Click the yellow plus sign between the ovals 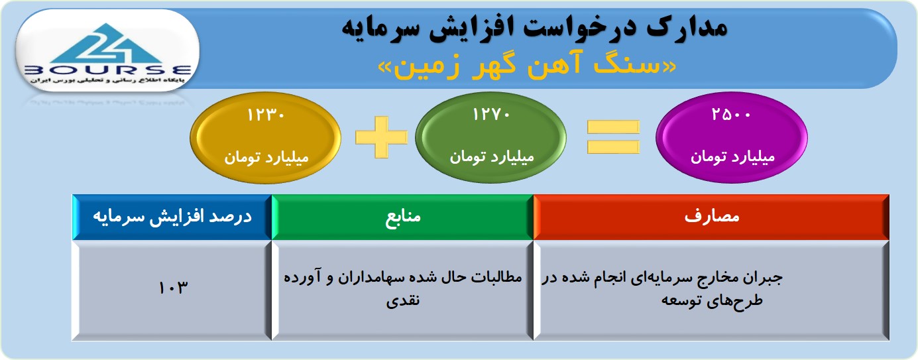coord(381,137)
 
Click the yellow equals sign coord(613,137)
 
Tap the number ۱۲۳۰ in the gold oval coord(266,115)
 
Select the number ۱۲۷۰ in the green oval coord(491,114)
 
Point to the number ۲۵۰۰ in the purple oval coord(732,114)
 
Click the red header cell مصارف coord(711,217)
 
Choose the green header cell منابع coord(403,217)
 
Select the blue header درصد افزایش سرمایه coord(172,217)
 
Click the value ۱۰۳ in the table coord(173,287)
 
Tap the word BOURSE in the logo coord(107,70)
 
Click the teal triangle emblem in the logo coord(107,43)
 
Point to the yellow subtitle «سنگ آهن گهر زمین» coord(527,66)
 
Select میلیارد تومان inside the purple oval coord(732,157)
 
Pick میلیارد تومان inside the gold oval coord(266,157)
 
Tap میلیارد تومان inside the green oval coord(492,157)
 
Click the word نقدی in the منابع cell coord(403,300)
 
